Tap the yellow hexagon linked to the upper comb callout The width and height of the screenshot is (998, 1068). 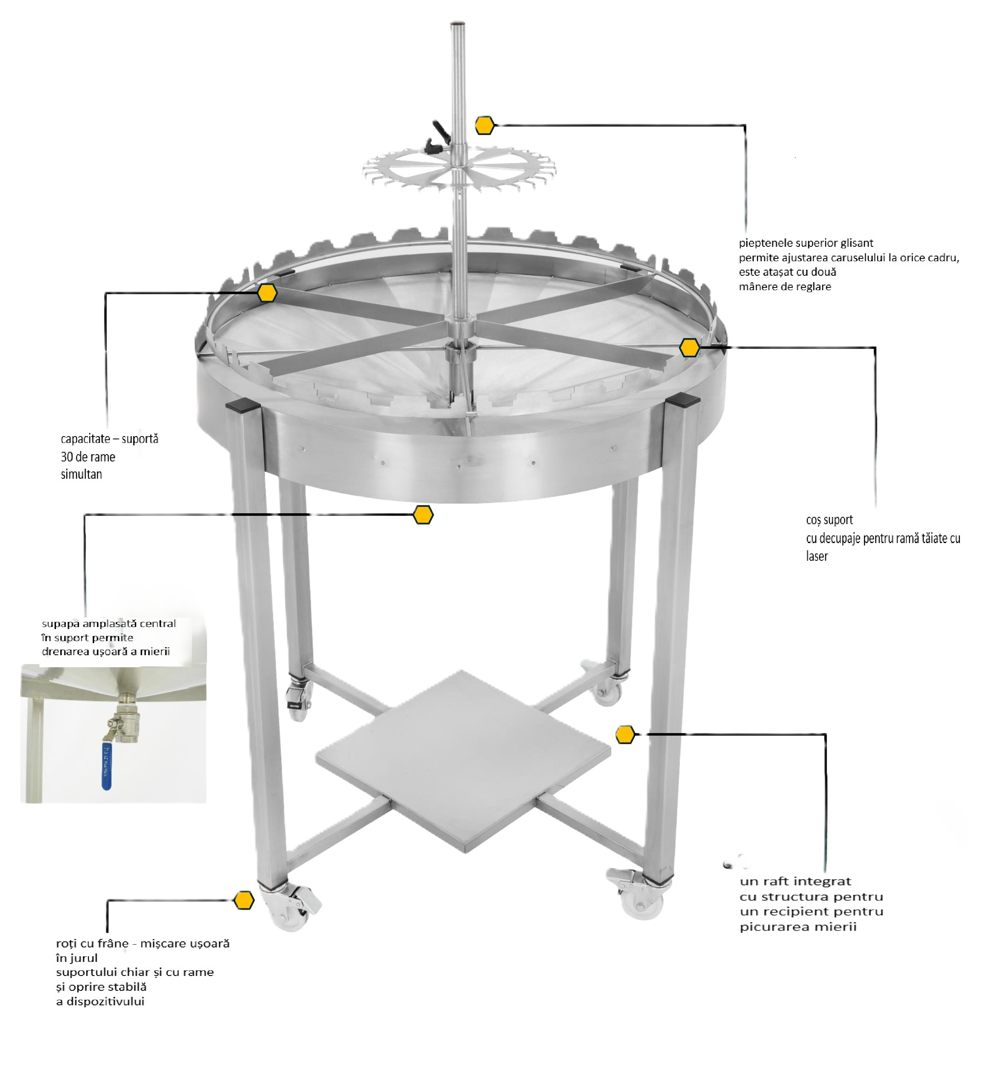[x=485, y=125]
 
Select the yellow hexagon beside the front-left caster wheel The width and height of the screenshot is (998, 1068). [x=244, y=900]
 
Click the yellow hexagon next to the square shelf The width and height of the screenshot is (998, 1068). [x=625, y=734]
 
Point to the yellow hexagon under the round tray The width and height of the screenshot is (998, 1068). [x=423, y=515]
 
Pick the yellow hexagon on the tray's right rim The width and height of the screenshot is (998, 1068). [x=689, y=348]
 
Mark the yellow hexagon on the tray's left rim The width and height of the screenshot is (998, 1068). [x=267, y=293]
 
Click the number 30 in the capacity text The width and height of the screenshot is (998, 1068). [x=67, y=457]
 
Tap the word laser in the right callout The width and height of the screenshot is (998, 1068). [x=817, y=556]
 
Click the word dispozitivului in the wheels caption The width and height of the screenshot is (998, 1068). [x=105, y=1001]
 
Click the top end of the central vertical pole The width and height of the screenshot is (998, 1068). [x=458, y=24]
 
